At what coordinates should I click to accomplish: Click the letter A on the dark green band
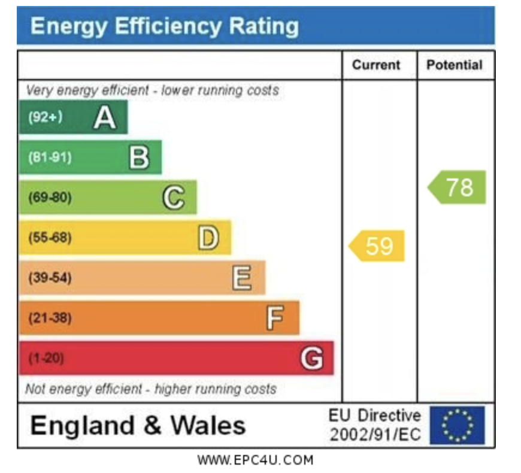coord(105,117)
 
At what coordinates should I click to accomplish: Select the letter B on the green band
coord(139,158)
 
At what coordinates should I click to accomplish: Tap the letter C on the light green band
coord(174,198)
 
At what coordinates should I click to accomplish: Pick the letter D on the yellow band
coord(208,238)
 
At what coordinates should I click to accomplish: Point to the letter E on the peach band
coord(242,278)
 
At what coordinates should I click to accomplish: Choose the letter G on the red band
coord(311,359)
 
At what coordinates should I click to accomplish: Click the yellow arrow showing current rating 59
coord(377,246)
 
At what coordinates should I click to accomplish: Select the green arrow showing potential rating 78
coord(458,187)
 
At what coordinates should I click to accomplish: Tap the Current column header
coord(376,65)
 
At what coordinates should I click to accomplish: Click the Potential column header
coord(455,65)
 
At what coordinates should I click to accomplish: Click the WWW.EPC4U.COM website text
coord(255,460)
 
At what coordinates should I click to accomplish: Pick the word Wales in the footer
coord(208,426)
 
